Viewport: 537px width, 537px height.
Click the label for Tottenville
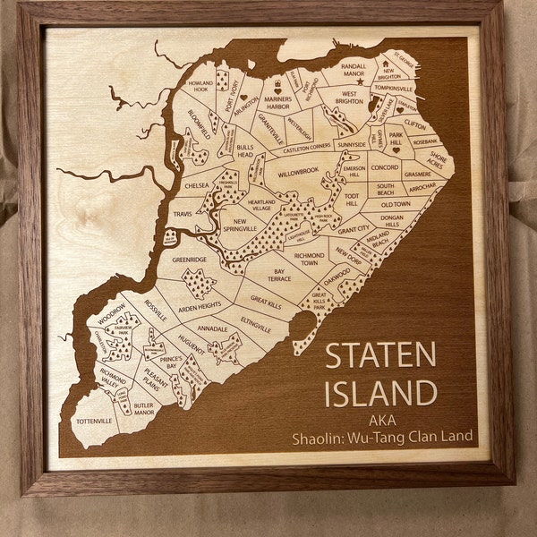tap(94, 421)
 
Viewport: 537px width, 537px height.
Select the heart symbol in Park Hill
tap(396, 150)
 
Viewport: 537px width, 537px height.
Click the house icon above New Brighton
tap(386, 64)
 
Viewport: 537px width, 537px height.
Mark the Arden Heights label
tap(199, 306)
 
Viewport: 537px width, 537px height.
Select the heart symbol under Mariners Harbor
tap(277, 91)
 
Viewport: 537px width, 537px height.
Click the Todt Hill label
tap(352, 200)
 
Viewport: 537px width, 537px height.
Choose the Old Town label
tap(395, 204)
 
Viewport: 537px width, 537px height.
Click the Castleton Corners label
tap(307, 144)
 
